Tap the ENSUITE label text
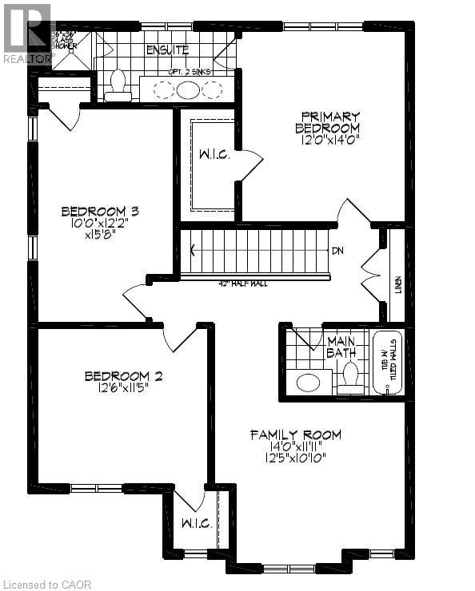167,50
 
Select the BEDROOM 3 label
101,212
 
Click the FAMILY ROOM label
295,434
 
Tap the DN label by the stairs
338,251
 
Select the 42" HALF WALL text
242,283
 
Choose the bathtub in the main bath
387,363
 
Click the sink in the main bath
308,382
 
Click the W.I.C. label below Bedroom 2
196,525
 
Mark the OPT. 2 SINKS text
190,72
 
